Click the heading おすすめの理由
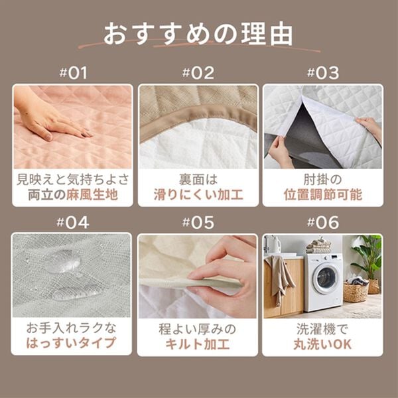(199, 33)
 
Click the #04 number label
(74, 222)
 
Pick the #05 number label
(198, 222)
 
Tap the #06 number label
(322, 222)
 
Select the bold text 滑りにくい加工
(198, 195)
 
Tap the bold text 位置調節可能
(322, 195)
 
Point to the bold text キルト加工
(198, 344)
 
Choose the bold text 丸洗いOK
(322, 344)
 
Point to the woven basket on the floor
(356, 292)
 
